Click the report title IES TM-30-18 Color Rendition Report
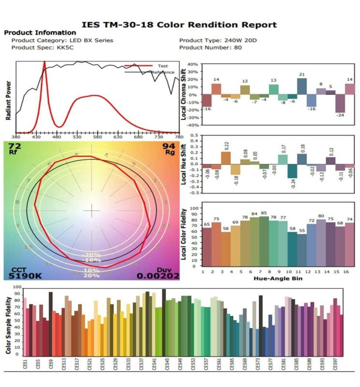pos(179,25)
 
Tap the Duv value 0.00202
pos(158,276)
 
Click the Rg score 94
pos(168,146)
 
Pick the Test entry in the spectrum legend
pos(162,66)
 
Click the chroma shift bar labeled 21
pos(302,86)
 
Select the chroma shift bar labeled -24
pos(340,104)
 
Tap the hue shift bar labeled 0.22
pos(225,158)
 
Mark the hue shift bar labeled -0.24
pos(292,171)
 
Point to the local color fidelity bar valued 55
pos(302,250)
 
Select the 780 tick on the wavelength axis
pos(179,137)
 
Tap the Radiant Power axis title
pos(9,100)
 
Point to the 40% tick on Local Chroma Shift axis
pos(192,64)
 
